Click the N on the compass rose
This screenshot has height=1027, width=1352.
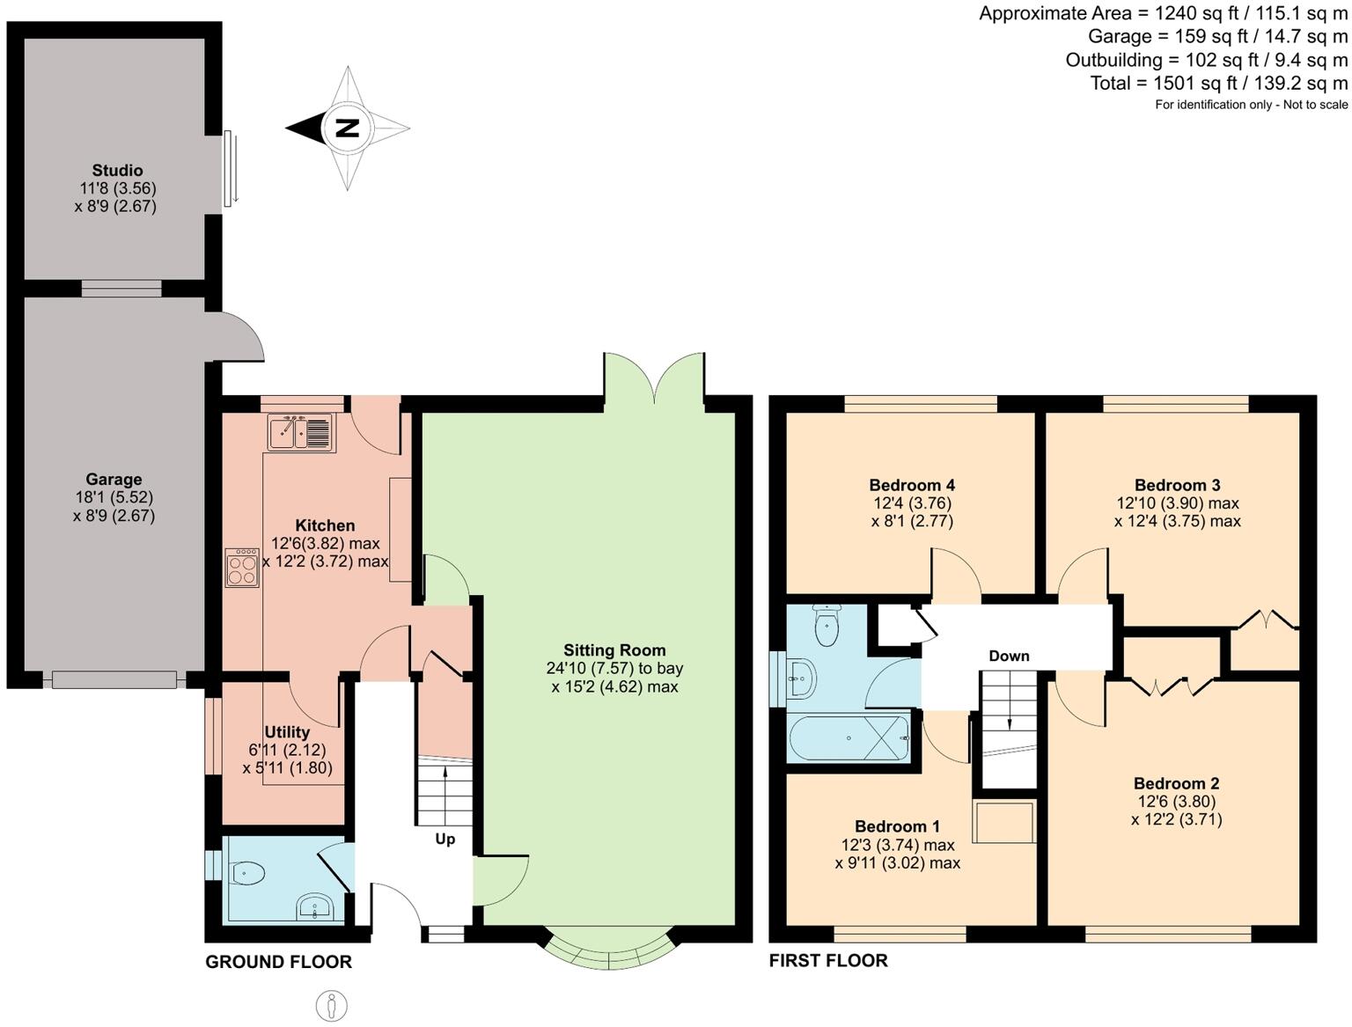(x=348, y=128)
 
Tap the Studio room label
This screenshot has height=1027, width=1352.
(x=117, y=170)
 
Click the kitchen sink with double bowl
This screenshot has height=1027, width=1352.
(x=300, y=432)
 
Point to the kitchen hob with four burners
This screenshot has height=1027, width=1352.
(x=242, y=568)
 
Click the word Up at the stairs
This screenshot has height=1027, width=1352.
(x=445, y=839)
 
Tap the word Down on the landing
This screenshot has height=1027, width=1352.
(x=1009, y=656)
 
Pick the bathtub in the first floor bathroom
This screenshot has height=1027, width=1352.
(x=849, y=737)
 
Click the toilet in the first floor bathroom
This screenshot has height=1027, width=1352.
(x=827, y=626)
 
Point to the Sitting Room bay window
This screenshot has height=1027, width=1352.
(x=609, y=950)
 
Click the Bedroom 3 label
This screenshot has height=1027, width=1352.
(x=1177, y=485)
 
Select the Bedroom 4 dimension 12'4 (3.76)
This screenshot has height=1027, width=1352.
(x=912, y=503)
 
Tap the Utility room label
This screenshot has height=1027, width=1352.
(x=287, y=732)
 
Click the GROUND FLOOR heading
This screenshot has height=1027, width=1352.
(x=278, y=962)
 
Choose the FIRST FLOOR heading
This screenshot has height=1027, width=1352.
(x=828, y=960)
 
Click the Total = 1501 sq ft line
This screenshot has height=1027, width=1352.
(x=1218, y=83)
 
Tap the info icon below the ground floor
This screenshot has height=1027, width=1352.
(x=332, y=1005)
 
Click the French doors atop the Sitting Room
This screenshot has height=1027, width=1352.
(x=653, y=378)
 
